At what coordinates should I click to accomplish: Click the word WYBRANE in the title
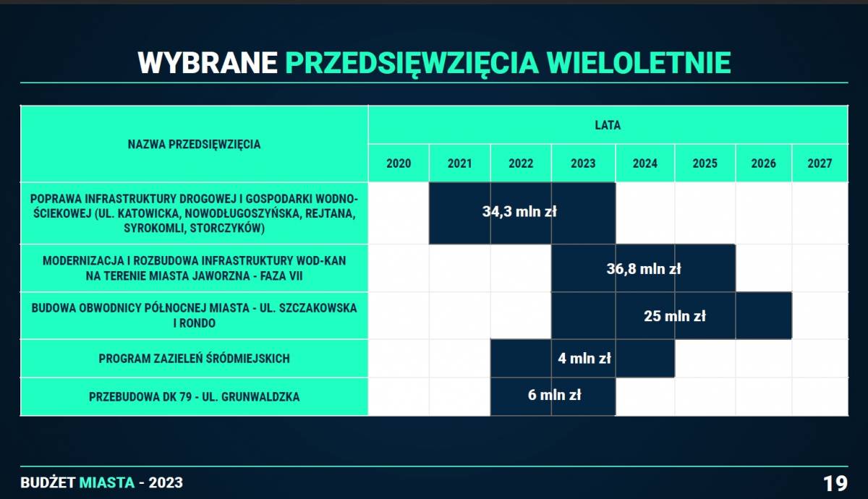(208, 63)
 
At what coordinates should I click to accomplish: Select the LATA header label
(608, 125)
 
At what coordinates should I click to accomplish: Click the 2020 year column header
(399, 163)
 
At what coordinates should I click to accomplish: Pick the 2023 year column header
(583, 163)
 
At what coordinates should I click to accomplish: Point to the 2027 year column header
(820, 163)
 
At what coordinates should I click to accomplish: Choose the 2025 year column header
(705, 163)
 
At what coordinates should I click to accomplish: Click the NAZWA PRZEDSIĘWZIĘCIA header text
(194, 145)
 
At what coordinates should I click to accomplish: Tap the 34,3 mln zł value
(519, 212)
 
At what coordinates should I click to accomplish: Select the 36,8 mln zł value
(644, 269)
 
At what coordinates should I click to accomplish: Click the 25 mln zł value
(675, 316)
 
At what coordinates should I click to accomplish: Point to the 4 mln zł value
(584, 359)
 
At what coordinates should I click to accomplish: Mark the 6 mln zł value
(554, 395)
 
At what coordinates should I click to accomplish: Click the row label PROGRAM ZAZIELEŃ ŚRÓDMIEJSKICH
(194, 359)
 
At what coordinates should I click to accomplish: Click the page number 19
(835, 484)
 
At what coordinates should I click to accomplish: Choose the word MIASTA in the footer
(107, 483)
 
